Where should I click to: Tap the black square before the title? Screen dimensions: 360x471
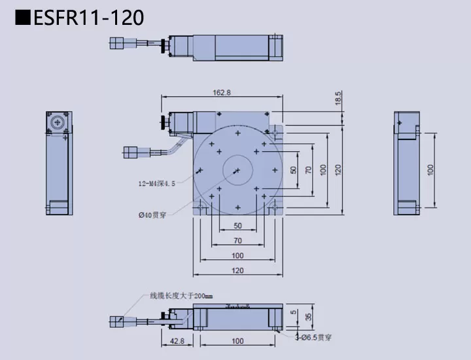[x=23, y=18]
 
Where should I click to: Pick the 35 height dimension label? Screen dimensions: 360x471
[x=307, y=318]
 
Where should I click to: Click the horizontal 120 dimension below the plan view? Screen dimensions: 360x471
[x=237, y=270]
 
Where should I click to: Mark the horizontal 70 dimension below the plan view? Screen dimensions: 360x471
[x=237, y=240]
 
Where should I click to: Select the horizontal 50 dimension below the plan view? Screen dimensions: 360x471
[x=237, y=226]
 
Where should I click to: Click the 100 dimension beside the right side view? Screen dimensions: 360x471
[x=430, y=169]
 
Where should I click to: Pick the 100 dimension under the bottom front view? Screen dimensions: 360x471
[x=237, y=341]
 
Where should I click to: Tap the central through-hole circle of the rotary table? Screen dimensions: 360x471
[x=237, y=170]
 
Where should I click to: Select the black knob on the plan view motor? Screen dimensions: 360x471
[x=160, y=121]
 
